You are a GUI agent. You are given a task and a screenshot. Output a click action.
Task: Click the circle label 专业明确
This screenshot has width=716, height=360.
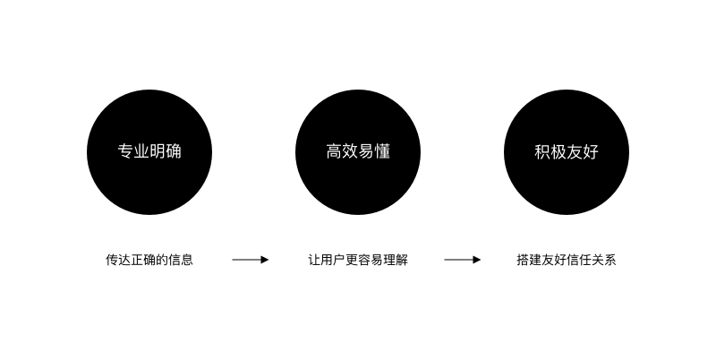coord(149,151)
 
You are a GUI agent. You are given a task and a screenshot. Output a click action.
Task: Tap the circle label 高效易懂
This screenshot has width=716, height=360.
coord(358,151)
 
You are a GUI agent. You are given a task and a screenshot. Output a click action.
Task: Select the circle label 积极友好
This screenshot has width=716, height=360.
coord(567,152)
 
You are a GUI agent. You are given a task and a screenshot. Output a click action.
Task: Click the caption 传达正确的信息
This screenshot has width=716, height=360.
coord(149,261)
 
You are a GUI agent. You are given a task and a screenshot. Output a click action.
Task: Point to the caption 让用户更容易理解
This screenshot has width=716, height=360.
coord(358,261)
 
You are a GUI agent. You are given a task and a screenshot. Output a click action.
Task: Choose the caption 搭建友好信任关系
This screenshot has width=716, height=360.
coord(567,261)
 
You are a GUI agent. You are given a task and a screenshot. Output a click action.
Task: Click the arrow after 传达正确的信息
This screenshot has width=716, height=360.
coord(251,260)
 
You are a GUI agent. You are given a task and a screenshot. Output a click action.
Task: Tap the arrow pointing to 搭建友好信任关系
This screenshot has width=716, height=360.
coord(463,260)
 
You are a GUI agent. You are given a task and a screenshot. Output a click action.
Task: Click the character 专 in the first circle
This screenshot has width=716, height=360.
coord(125,151)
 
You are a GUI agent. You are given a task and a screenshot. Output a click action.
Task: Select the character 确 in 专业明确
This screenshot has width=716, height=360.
coord(174,151)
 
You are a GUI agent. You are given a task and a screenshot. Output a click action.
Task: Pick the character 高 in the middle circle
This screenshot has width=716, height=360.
coord(334,151)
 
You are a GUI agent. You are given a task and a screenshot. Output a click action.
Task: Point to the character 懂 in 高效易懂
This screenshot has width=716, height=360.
coord(382,151)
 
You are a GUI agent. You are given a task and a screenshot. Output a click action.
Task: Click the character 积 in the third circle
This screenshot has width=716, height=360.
coord(542,152)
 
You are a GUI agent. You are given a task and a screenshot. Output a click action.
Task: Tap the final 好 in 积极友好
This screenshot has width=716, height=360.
coord(591,152)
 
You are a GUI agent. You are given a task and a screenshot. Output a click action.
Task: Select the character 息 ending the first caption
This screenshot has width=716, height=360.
coord(187,261)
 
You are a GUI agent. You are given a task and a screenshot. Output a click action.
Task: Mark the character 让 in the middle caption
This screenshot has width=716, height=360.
coord(314,261)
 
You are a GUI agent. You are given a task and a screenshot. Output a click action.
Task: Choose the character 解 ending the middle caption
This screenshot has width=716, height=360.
coord(402,261)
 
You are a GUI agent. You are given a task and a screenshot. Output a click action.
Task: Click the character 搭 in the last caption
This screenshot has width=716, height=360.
coord(523,261)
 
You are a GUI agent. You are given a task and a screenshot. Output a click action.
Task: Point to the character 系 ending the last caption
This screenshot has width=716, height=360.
coord(610,261)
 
